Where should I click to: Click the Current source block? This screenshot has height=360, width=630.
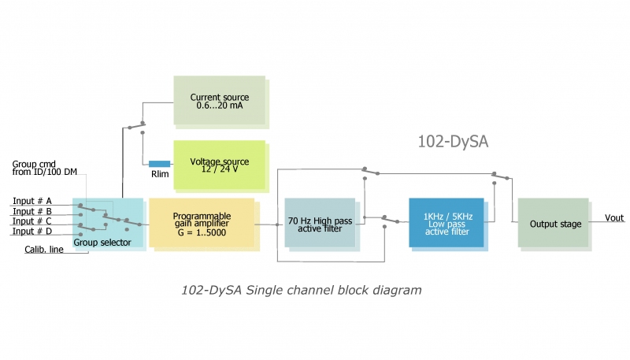[220, 100]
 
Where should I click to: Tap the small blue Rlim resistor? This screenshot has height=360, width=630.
[159, 164]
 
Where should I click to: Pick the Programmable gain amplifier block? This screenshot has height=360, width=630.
[202, 224]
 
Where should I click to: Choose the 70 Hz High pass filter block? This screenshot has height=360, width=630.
[319, 224]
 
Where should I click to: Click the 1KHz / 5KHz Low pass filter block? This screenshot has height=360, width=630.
[446, 223]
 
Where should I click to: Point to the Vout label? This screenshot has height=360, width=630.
[615, 217]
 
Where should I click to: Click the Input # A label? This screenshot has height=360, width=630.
[32, 201]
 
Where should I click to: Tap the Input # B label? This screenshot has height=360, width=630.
[32, 211]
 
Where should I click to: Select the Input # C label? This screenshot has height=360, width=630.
[32, 221]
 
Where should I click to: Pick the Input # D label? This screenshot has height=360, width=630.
[32, 232]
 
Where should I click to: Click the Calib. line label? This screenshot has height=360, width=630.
[44, 251]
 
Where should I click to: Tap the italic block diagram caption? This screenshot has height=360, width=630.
[301, 290]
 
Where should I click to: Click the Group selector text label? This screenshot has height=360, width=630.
[102, 242]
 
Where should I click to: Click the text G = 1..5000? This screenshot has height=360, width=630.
[202, 234]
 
